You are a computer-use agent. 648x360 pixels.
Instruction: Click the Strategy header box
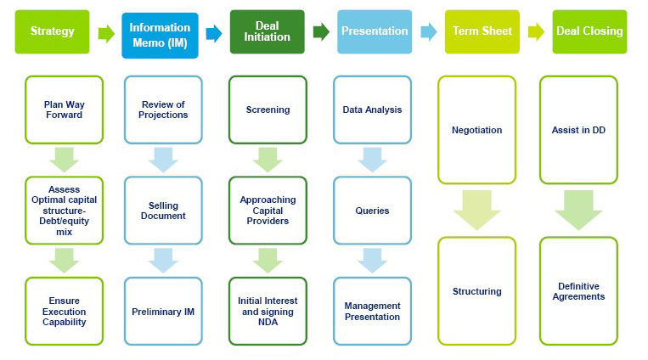[x=53, y=31]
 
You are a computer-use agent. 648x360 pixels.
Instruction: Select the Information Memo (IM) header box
[x=160, y=34]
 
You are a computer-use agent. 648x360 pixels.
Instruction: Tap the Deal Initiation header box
[x=267, y=31]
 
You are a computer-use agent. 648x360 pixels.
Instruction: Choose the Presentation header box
[x=375, y=31]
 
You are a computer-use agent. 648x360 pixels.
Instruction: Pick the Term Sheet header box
[x=482, y=31]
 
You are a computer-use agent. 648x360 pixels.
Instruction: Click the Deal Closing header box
[x=589, y=31]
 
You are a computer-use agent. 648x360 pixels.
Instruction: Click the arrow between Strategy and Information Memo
[x=106, y=33]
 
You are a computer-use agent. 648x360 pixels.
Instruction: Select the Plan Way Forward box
[x=64, y=110]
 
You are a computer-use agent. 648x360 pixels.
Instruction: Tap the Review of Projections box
[x=163, y=110]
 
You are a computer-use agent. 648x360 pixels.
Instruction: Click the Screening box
[x=268, y=110]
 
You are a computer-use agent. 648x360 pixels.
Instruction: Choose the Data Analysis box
[x=372, y=110]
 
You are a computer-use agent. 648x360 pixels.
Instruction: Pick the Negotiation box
[x=476, y=130]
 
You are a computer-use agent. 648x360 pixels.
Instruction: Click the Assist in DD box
[x=578, y=130]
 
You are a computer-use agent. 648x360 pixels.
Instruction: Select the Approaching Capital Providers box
[x=268, y=211]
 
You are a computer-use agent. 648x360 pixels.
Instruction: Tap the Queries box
[x=372, y=211]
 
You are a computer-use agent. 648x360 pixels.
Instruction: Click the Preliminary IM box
[x=163, y=312]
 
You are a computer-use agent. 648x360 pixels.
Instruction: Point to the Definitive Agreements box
[x=578, y=291]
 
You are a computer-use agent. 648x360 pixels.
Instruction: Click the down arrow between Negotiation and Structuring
[x=476, y=210]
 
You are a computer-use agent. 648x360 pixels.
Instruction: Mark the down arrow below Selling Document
[x=163, y=261]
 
